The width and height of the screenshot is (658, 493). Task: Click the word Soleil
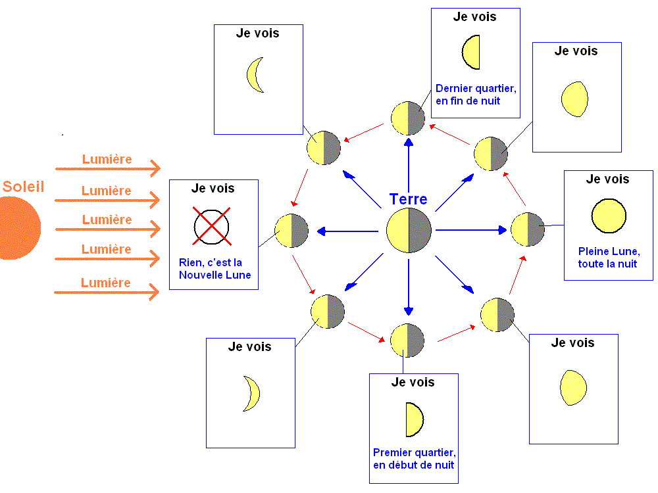pyautogui.click(x=23, y=186)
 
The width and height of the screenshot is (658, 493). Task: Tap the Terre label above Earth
pyautogui.click(x=408, y=199)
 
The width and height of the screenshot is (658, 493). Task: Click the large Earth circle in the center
pyautogui.click(x=409, y=231)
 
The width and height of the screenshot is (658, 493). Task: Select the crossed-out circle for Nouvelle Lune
pyautogui.click(x=211, y=225)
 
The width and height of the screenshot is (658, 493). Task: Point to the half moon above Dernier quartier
pyautogui.click(x=471, y=53)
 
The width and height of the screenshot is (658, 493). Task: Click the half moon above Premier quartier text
pyautogui.click(x=414, y=419)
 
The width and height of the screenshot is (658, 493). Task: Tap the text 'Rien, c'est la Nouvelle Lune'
pyautogui.click(x=215, y=268)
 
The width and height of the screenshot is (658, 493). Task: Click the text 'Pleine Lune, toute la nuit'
pyautogui.click(x=609, y=258)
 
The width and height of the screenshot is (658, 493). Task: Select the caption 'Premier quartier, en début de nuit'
pyautogui.click(x=414, y=459)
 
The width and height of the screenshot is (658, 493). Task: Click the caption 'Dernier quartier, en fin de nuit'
pyautogui.click(x=476, y=94)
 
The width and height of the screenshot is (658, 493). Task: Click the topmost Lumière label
pyautogui.click(x=107, y=159)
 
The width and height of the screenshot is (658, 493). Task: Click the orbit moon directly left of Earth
pyautogui.click(x=291, y=231)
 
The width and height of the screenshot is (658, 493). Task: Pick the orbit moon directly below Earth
pyautogui.click(x=407, y=340)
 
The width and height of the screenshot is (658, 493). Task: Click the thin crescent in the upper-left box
pyautogui.click(x=255, y=74)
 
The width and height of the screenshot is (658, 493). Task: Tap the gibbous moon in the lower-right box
pyautogui.click(x=572, y=388)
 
